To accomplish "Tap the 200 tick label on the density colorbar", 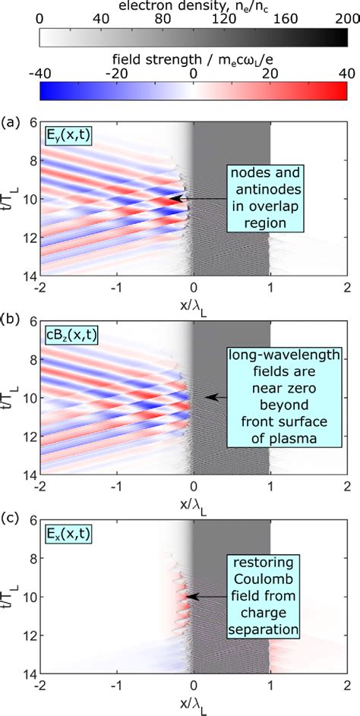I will [x=347, y=21].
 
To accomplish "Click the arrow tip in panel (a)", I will [x=172, y=198].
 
